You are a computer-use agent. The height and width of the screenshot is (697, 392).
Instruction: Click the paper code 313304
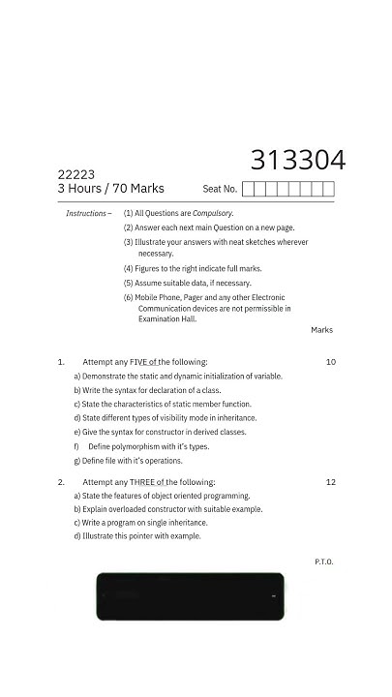point(297,160)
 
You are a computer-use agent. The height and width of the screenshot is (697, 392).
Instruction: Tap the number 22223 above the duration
point(76,174)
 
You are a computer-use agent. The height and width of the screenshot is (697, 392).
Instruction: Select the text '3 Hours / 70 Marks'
point(110,189)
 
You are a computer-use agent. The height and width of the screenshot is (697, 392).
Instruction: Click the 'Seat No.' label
point(220,189)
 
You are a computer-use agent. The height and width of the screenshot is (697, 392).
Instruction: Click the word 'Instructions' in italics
point(86,213)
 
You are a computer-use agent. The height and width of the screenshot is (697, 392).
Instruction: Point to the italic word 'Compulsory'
point(213,213)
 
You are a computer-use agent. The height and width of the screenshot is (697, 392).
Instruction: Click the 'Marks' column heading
point(321,330)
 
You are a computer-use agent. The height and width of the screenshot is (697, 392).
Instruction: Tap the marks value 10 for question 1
point(330,362)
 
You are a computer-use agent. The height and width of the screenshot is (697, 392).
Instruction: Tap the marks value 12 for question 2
point(330,482)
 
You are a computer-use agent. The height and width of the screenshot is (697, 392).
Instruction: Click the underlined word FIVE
point(143,362)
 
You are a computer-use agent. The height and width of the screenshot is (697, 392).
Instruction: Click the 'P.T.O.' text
point(323,561)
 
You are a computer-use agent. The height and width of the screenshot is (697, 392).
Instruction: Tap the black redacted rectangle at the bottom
point(190,596)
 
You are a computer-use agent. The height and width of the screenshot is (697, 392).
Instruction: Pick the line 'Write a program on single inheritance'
point(140,523)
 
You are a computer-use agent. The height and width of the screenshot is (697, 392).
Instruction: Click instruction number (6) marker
point(128,297)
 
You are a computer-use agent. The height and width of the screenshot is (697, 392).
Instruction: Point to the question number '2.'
point(61,482)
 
